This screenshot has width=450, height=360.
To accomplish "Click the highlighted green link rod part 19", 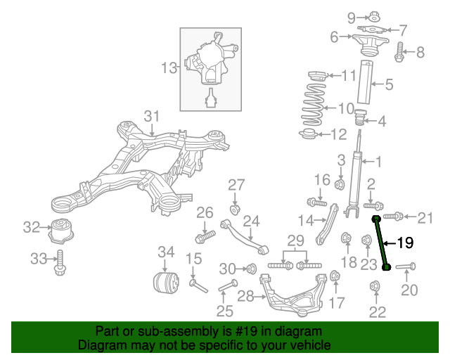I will pyautogui.click(x=382, y=243).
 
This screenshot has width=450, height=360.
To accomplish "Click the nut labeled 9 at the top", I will pyautogui.click(x=373, y=16).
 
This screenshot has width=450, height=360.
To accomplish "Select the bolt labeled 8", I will pyautogui.click(x=399, y=51).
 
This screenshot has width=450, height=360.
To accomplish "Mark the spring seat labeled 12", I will pyautogui.click(x=310, y=134).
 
